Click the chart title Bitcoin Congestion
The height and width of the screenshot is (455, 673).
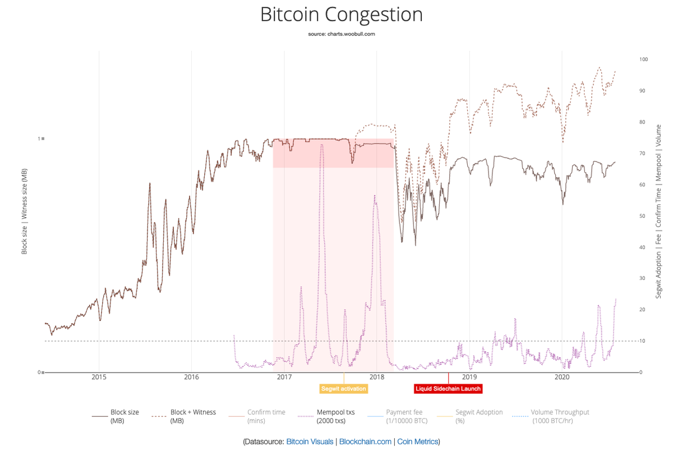coord(341,15)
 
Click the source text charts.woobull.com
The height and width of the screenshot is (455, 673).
coord(341,34)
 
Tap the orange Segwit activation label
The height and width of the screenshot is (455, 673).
coord(344,389)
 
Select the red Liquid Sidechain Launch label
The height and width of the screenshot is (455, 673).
coord(448,389)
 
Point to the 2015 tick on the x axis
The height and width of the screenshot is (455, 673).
coord(99,378)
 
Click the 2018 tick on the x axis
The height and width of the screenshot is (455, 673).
coord(377,378)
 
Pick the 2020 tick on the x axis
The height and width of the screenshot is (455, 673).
coord(562,378)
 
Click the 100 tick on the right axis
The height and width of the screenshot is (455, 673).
coord(643,59)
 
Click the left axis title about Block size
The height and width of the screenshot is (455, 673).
coord(25,212)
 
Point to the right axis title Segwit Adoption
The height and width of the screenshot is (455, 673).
coord(658,212)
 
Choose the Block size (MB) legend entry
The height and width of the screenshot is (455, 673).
coord(116,416)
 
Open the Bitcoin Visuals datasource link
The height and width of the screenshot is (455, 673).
coord(310,442)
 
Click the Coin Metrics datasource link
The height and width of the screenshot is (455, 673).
coord(417,442)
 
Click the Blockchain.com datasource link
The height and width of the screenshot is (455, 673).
coord(365,442)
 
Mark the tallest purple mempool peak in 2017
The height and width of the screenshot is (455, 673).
coord(321,145)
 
